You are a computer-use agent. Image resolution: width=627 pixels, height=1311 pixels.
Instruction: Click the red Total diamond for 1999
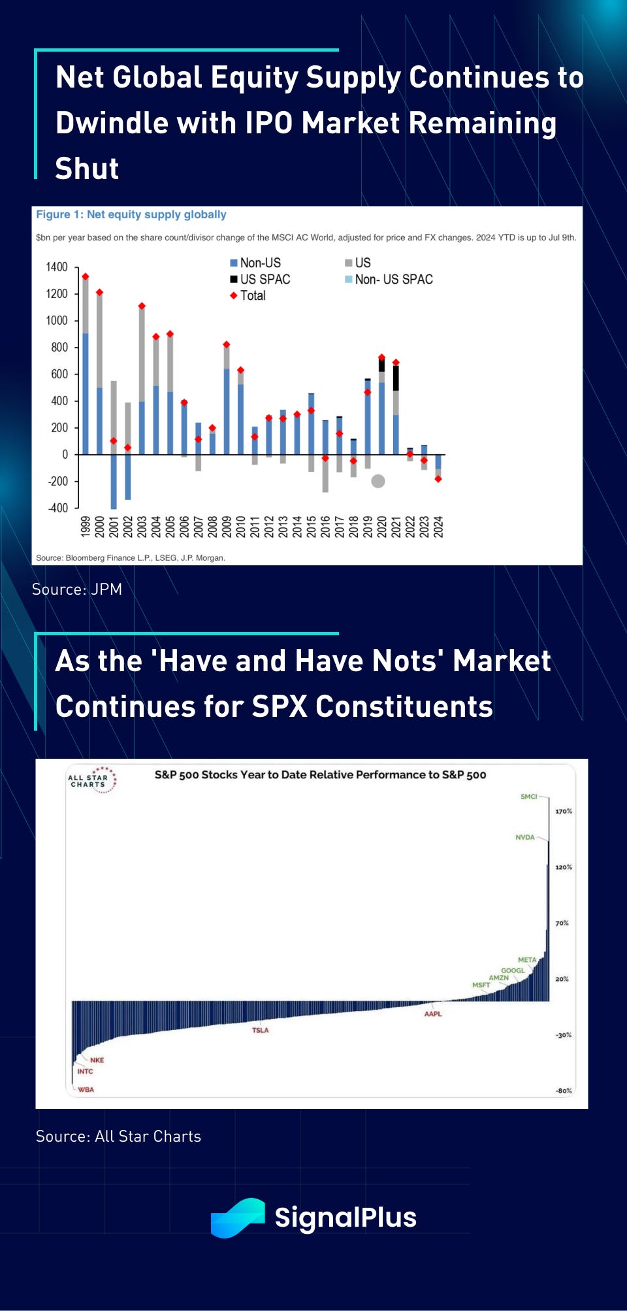click(x=85, y=277)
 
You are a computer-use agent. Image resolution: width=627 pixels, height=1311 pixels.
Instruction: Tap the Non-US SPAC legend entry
click(x=389, y=279)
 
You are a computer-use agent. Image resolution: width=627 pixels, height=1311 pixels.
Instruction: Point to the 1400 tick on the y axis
click(x=57, y=267)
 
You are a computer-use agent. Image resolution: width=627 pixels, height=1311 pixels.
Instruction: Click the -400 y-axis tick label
click(x=57, y=508)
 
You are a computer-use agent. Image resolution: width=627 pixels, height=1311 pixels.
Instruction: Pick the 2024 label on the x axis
click(x=438, y=527)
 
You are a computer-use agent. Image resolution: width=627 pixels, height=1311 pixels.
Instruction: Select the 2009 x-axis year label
click(x=227, y=527)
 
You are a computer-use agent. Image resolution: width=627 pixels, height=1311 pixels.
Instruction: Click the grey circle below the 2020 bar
click(x=378, y=481)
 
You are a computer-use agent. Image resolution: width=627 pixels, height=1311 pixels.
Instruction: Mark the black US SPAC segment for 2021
click(x=396, y=378)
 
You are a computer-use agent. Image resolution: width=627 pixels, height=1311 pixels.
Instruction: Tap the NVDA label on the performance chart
click(x=524, y=837)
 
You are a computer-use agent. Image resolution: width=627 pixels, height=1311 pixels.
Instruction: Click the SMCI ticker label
click(x=528, y=797)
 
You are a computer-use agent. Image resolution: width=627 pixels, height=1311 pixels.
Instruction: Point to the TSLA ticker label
click(x=260, y=1030)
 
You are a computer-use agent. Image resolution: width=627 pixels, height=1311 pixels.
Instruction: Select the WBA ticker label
click(x=86, y=1089)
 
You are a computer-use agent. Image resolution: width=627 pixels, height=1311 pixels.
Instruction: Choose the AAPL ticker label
click(x=433, y=1014)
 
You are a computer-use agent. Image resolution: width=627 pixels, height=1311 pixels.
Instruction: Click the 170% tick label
click(x=563, y=811)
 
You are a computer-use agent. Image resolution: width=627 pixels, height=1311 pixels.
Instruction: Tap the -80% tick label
click(x=563, y=1091)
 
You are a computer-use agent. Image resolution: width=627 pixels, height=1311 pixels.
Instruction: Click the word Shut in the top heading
click(x=87, y=169)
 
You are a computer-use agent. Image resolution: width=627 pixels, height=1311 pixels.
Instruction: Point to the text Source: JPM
click(x=77, y=589)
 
